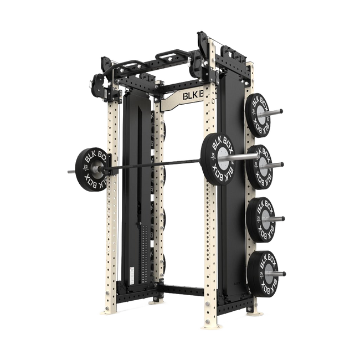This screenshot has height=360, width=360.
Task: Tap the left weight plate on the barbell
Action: pyautogui.click(x=90, y=167)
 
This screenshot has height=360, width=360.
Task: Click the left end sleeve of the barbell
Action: pyautogui.click(x=70, y=172)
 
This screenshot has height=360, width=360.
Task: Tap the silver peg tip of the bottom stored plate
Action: pyautogui.click(x=284, y=272)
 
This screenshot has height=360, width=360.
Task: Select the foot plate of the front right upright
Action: pyautogui.click(x=216, y=327)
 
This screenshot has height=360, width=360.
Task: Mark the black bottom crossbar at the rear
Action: pyautogui.click(x=183, y=289)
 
